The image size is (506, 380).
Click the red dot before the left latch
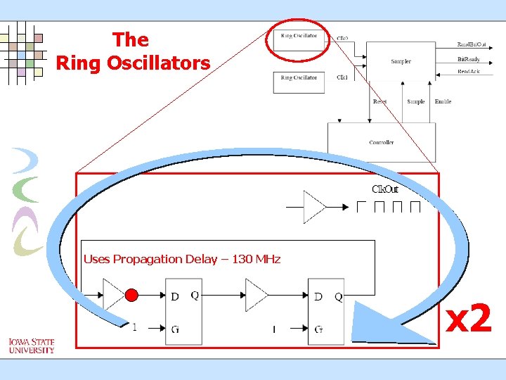pyautogui.click(x=131, y=294)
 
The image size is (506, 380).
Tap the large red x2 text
pyautogui.click(x=469, y=320)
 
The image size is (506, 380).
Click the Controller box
pyautogui.click(x=382, y=142)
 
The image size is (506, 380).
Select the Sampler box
pyautogui.click(x=401, y=61)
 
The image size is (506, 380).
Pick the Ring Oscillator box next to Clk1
pyautogui.click(x=299, y=80)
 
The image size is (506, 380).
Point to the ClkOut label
pyautogui.click(x=385, y=189)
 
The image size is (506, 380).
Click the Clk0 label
pyautogui.click(x=342, y=38)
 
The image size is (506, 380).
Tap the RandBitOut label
pyautogui.click(x=472, y=44)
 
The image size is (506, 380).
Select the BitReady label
pyautogui.click(x=469, y=59)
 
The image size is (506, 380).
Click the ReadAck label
pyautogui.click(x=469, y=72)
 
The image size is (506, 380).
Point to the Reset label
pyautogui.click(x=379, y=101)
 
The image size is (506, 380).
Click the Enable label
pyautogui.click(x=443, y=101)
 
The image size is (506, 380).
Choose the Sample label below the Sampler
pyautogui.click(x=416, y=101)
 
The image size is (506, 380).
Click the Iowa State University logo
pyautogui.click(x=32, y=346)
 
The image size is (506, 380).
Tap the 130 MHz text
pyautogui.click(x=256, y=259)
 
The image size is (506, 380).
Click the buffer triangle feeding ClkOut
pyautogui.click(x=313, y=207)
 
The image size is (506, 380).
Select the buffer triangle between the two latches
pyautogui.click(x=256, y=294)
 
